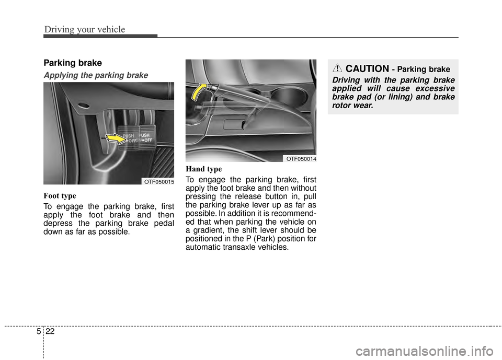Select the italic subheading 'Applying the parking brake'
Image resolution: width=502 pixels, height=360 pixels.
pyautogui.click(x=95, y=75)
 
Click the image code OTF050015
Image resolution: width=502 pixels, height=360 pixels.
pyautogui.click(x=158, y=181)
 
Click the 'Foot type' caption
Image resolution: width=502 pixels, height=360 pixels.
pyautogui.click(x=60, y=196)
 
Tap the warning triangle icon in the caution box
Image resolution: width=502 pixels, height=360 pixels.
pyautogui.click(x=337, y=68)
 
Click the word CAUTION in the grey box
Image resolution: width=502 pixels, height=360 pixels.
pyautogui.click(x=367, y=69)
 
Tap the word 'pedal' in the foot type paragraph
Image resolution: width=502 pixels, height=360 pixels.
pyautogui.click(x=161, y=223)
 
